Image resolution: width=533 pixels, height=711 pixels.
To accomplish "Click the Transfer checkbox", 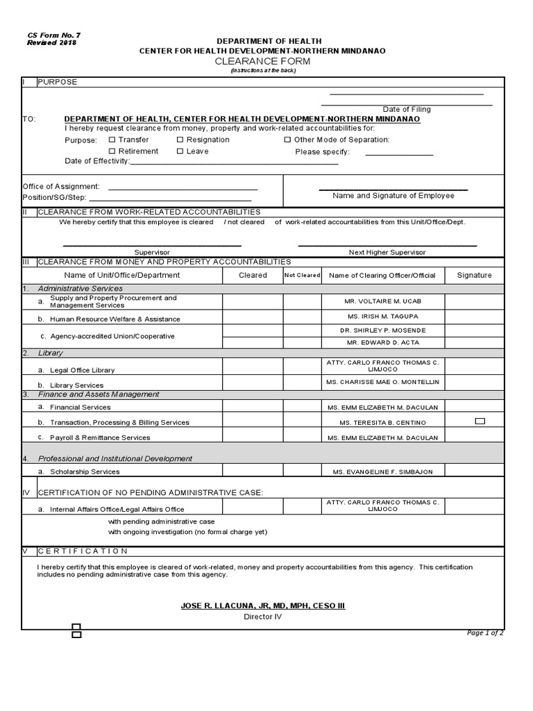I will pyautogui.click(x=112, y=140).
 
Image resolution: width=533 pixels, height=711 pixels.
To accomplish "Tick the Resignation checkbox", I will pyautogui.click(x=180, y=140).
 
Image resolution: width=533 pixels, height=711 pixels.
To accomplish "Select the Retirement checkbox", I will pyautogui.click(x=112, y=151).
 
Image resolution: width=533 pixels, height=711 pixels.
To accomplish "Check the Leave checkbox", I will pyautogui.click(x=180, y=151).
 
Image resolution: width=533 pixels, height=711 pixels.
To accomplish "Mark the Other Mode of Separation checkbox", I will pyautogui.click(x=287, y=140).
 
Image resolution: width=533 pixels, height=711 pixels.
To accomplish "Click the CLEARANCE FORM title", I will pyautogui.click(x=262, y=62).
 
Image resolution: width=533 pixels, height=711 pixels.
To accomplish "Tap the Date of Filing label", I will pyautogui.click(x=407, y=109).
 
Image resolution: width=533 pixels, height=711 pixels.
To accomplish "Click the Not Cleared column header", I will pyautogui.click(x=302, y=275).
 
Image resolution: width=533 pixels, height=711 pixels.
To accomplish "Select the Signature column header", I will pyautogui.click(x=474, y=275).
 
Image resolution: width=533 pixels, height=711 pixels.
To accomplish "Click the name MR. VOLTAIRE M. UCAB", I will pyautogui.click(x=382, y=301).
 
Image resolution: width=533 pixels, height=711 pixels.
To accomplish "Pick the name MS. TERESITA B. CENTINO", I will pyautogui.click(x=382, y=423).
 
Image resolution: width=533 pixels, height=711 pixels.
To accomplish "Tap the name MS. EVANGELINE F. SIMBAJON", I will pyautogui.click(x=382, y=472).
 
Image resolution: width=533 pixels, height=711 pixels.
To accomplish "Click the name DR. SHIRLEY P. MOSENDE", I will pyautogui.click(x=382, y=331).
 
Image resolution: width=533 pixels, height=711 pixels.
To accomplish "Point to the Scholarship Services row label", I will pyautogui.click(x=85, y=472).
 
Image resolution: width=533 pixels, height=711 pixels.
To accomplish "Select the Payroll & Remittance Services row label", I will pyautogui.click(x=100, y=438).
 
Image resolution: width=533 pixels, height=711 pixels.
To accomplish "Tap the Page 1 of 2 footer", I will pyautogui.click(x=485, y=633).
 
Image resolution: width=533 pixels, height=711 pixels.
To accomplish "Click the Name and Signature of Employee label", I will pyautogui.click(x=393, y=196).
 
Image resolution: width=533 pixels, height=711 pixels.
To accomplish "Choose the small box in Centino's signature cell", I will pyautogui.click(x=480, y=421).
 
